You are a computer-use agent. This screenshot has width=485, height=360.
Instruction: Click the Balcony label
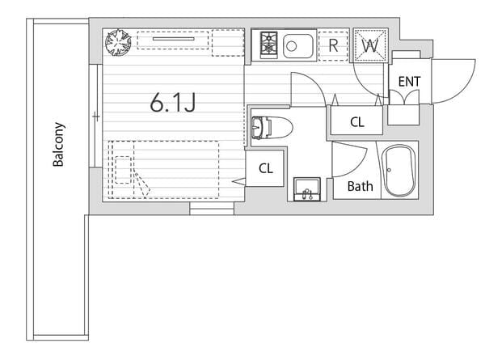(58, 145)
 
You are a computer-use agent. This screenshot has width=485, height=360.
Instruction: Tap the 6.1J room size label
(173, 103)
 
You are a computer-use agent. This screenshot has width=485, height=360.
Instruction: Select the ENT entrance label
(409, 82)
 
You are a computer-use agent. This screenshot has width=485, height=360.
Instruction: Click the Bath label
(360, 186)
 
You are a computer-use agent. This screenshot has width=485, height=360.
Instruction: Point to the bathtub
(400, 170)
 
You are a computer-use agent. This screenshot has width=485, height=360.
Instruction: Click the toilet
(272, 128)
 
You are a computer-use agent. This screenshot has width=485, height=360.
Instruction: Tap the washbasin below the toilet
(307, 189)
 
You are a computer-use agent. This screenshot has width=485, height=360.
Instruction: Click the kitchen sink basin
(297, 46)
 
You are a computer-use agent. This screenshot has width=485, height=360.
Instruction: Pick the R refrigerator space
(333, 45)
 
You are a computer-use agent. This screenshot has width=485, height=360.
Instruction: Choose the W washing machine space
(370, 45)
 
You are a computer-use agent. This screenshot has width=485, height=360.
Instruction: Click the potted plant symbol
(118, 42)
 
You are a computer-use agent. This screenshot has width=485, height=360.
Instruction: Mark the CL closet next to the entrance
(356, 121)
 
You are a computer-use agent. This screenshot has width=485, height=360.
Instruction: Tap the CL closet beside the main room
(266, 168)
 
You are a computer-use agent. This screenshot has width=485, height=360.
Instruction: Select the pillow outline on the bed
(123, 170)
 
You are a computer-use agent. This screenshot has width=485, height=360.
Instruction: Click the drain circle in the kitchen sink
(291, 46)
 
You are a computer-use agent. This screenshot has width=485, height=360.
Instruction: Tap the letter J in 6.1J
(190, 103)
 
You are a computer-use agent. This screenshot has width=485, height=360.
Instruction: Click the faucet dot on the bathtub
(389, 170)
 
